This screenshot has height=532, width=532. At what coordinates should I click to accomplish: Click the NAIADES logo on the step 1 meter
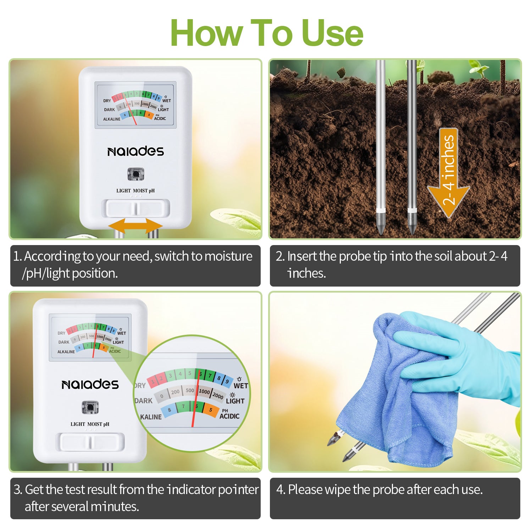click(x=135, y=151)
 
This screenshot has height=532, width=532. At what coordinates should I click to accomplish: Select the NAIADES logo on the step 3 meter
click(x=90, y=384)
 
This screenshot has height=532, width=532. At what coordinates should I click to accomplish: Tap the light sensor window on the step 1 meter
click(x=135, y=174)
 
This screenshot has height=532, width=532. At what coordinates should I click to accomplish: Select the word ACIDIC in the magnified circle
click(x=229, y=416)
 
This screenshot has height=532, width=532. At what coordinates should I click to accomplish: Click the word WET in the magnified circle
click(x=240, y=386)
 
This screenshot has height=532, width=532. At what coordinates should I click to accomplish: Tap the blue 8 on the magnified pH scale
click(x=170, y=410)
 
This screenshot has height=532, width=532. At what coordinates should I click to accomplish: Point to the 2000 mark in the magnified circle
click(x=218, y=395)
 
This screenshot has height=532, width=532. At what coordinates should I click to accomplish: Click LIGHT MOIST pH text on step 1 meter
click(x=135, y=191)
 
